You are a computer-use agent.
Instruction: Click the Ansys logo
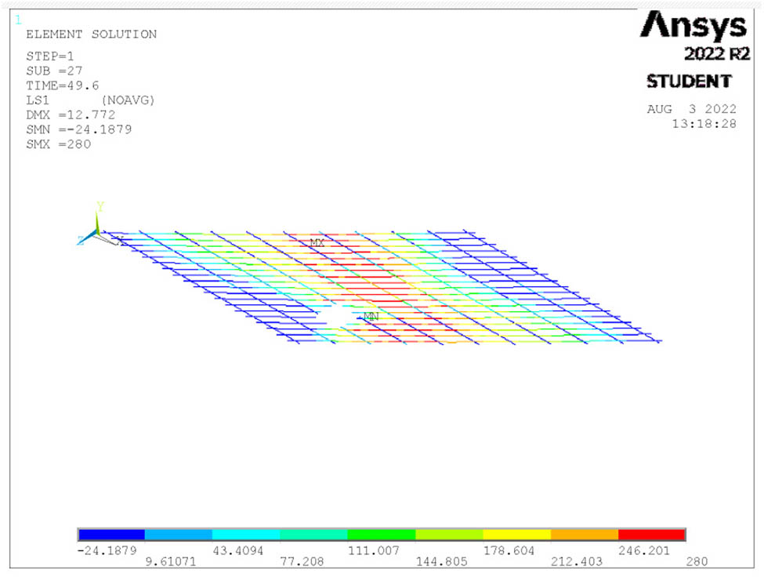click(x=693, y=25)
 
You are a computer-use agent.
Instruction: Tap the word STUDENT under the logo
click(x=689, y=81)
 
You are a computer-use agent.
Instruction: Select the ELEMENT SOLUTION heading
click(x=92, y=34)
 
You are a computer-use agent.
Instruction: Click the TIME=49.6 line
click(x=63, y=85)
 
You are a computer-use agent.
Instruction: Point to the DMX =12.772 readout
click(x=71, y=115)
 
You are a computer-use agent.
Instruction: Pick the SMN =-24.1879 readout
click(x=79, y=129)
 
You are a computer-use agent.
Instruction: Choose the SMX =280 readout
click(x=59, y=144)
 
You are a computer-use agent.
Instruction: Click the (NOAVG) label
click(x=129, y=100)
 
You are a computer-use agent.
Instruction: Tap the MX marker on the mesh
click(x=317, y=242)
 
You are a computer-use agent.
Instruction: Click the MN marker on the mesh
click(x=371, y=317)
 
